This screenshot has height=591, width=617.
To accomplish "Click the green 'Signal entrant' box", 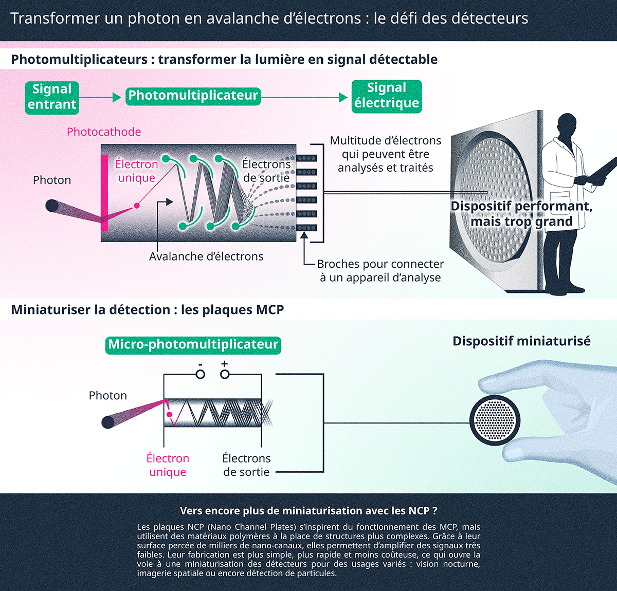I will pos(52,97).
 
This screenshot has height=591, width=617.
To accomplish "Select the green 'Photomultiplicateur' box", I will pos(193,96).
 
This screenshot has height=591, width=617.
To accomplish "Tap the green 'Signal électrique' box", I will pos(387,96).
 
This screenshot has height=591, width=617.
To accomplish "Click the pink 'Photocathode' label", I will pos(104,132).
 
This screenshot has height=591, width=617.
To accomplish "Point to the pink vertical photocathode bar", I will pos(104,193).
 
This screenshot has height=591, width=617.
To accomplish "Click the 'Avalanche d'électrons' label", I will pos(206,256).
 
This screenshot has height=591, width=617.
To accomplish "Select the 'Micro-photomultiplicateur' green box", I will pos(193,344).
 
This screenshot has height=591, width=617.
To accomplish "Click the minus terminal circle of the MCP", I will pos(200,374).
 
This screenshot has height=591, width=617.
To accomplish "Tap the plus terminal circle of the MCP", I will pos(225,374).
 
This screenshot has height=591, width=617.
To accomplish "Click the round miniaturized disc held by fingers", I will pos(495,420).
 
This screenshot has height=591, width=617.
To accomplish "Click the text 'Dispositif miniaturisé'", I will pos(521,341).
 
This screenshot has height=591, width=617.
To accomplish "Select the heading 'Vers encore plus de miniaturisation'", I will pos(308,511).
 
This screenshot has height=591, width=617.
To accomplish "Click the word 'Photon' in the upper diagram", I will pos(52,180).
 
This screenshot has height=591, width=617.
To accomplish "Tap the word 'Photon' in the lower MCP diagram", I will pos(107,395).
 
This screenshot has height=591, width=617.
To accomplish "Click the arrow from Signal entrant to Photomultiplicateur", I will pos(101,97).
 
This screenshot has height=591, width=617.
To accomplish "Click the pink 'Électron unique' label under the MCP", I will pos(168,465).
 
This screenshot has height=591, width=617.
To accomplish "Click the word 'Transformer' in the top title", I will pos(55,19).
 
